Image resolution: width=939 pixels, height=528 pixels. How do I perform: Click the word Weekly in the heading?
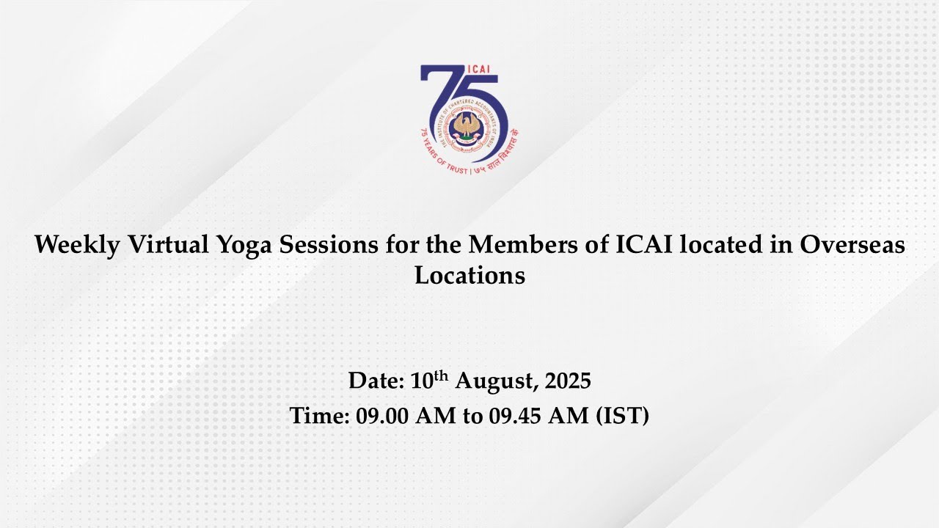[x=77, y=245]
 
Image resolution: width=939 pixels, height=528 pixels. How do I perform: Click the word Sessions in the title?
[x=329, y=244]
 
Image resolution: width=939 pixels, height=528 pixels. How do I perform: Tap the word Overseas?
[x=852, y=244]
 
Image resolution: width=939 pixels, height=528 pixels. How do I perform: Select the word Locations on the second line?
[x=469, y=275]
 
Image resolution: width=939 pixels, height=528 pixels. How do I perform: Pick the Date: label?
[x=376, y=381]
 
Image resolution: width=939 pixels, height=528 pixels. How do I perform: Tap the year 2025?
[x=568, y=381]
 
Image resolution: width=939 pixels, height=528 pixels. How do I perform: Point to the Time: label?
[x=319, y=416]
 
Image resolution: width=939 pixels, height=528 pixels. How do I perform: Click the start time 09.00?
[x=381, y=416]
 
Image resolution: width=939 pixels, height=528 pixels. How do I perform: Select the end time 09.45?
[x=514, y=416]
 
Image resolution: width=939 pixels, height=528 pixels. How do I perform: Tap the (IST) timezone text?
[x=623, y=416]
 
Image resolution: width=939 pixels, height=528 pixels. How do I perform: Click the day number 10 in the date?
[x=421, y=381]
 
